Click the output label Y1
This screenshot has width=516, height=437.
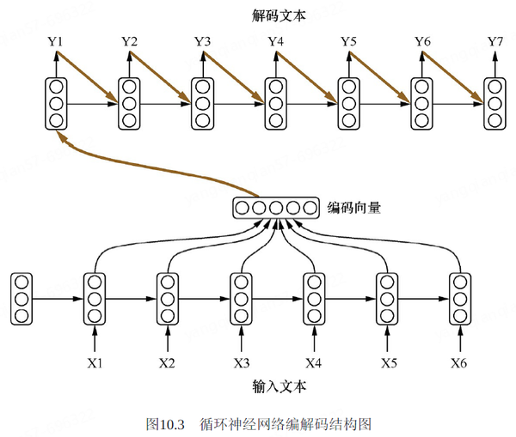tap(57, 42)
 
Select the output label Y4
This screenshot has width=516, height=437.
tap(276, 42)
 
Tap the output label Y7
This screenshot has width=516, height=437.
tap(495, 42)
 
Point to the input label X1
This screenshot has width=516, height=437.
tap(95, 362)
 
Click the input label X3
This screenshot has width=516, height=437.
tap(241, 362)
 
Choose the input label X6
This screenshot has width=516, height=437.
tap(459, 362)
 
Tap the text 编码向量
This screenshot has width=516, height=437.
tap(354, 207)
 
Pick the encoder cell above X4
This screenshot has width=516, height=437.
tap(313, 299)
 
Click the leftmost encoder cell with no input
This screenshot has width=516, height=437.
tap(22, 299)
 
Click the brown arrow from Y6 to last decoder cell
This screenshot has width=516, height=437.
tap(454, 76)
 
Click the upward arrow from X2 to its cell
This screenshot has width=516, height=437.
tap(168, 337)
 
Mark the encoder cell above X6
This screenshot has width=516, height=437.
tap(459, 299)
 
